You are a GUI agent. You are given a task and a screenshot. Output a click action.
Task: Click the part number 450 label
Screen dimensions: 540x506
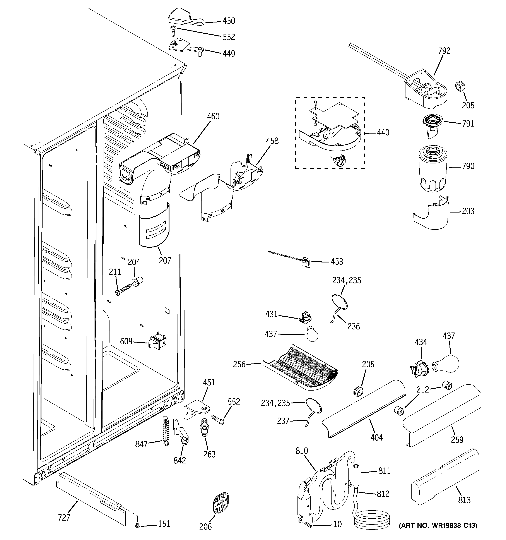(x=229, y=21)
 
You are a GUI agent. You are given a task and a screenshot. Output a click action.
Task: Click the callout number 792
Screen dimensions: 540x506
(x=444, y=51)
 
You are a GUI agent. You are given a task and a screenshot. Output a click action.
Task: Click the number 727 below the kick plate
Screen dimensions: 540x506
(x=64, y=518)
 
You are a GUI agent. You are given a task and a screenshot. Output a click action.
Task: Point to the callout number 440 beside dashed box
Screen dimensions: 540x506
(x=383, y=133)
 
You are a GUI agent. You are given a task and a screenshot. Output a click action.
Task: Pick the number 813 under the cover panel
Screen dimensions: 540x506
(x=464, y=500)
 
